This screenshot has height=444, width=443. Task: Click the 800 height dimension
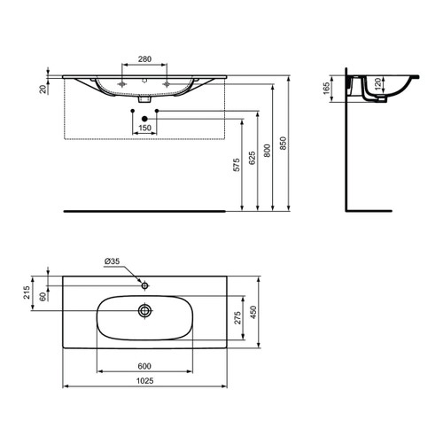click(270, 152)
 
